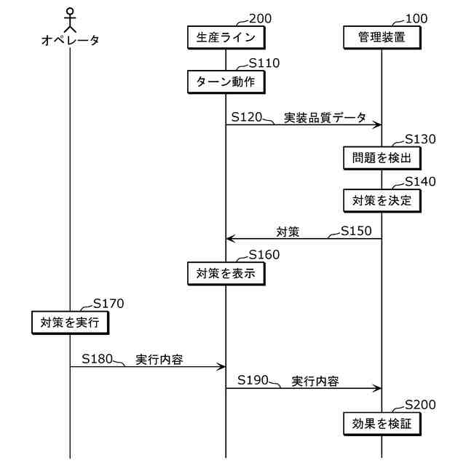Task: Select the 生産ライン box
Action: (226, 36)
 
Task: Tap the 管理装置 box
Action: (382, 36)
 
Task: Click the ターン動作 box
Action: (226, 82)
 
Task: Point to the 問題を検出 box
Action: (382, 157)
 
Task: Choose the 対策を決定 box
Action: (382, 200)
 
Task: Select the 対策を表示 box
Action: (226, 274)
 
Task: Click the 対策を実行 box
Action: (70, 321)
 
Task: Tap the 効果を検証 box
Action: (382, 423)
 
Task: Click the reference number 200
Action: (260, 19)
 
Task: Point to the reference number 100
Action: (416, 19)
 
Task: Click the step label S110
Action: (264, 63)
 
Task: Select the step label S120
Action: (247, 116)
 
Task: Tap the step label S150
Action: (356, 231)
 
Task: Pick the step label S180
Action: (97, 358)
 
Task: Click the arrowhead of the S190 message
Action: (378, 388)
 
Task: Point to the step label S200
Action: (420, 405)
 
